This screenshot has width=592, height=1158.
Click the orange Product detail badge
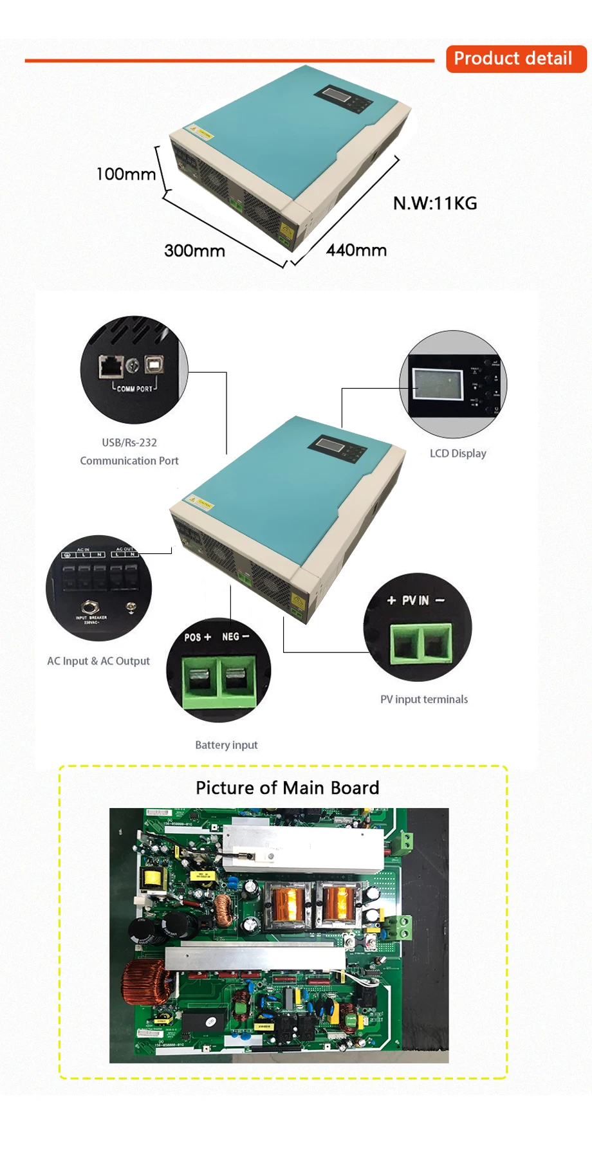[515, 59]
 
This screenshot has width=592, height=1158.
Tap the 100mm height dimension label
[125, 174]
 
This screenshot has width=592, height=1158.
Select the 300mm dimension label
[194, 250]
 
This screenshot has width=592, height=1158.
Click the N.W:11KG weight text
[435, 203]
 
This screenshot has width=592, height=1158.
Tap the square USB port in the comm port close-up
[154, 365]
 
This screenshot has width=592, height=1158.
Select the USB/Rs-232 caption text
[129, 443]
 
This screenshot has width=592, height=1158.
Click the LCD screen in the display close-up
[438, 384]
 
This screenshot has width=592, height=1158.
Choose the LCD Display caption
[458, 454]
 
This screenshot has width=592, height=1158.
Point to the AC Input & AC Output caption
[98, 661]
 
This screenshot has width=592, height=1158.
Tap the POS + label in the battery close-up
[198, 637]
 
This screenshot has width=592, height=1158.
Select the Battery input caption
[227, 745]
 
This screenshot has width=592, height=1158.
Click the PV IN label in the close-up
[416, 600]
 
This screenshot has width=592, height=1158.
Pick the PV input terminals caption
[424, 699]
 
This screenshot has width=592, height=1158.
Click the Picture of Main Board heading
[288, 788]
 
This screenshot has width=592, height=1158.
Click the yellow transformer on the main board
[153, 879]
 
